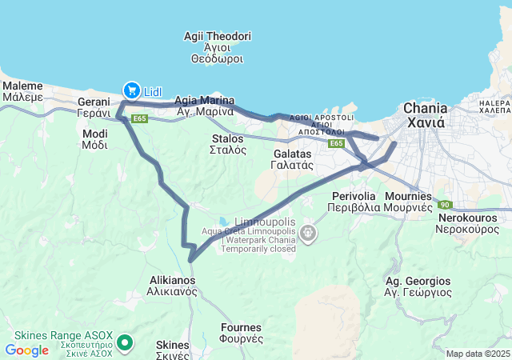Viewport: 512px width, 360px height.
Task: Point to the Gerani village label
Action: tap(94, 107)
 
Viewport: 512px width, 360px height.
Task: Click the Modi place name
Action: tap(94, 139)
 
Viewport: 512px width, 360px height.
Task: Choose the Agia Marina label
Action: tap(206, 106)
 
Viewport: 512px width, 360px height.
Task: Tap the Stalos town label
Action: tap(227, 144)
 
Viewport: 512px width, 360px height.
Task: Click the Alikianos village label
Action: tap(174, 286)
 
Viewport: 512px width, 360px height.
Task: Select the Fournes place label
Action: tap(242, 332)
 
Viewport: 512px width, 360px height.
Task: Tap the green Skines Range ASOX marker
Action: tap(125, 343)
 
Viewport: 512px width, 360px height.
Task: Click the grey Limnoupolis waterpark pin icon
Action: tap(308, 233)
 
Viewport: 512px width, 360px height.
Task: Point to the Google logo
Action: tap(27, 350)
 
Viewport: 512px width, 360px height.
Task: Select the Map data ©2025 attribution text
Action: tap(478, 354)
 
